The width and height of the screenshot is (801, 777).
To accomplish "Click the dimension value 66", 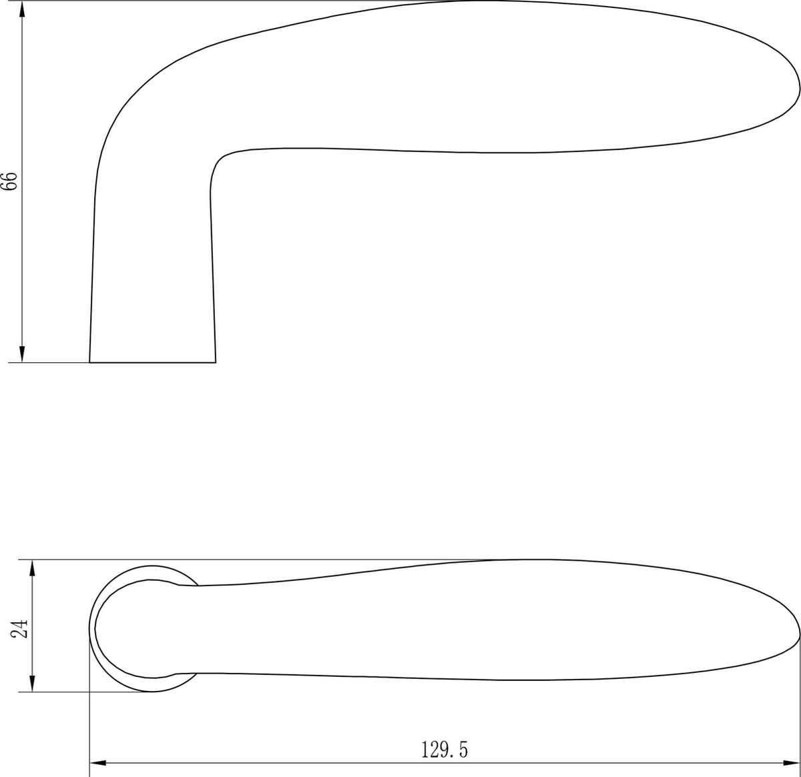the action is coord(10,181).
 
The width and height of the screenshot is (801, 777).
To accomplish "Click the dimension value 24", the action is coord(19,628).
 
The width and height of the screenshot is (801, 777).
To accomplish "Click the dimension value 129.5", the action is coord(445,750).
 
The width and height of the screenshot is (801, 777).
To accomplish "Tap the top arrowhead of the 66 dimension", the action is coord(22,9).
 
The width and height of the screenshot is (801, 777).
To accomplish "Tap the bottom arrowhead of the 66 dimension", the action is coord(22,354).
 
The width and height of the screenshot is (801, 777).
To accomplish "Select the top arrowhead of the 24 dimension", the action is coord(33,568).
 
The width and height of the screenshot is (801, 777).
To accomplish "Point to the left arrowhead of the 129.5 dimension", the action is coord(98,763).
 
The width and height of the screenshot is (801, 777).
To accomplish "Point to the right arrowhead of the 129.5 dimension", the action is coord(792,763).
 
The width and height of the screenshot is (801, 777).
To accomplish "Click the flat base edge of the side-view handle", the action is coord(152,363).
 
